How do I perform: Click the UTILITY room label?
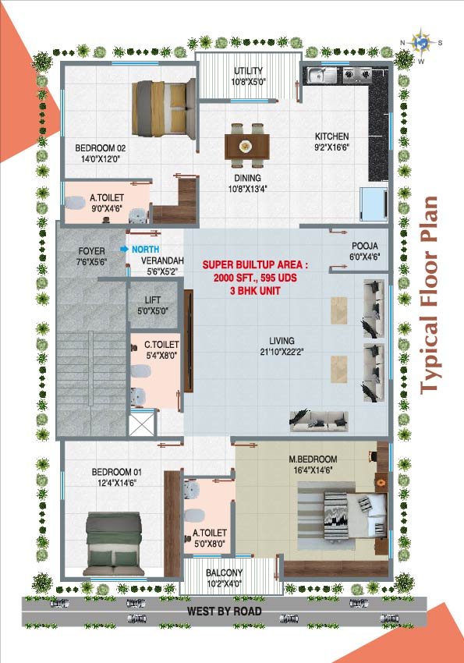point(249,71)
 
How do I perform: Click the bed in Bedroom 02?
point(163,108)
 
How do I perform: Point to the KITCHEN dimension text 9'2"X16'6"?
point(332,147)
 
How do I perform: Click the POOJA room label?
point(365,246)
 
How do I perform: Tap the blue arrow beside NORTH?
point(124,249)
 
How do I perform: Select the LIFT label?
point(153,300)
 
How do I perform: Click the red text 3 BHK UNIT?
point(255,291)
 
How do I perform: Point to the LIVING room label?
point(282,340)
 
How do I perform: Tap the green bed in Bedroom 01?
point(113,544)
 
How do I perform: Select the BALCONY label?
point(224,573)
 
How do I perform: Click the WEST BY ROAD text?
point(225,611)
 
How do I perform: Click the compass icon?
point(421,42)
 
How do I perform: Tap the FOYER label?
point(92,251)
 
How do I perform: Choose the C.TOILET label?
point(161,345)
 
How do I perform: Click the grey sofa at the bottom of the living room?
point(319,420)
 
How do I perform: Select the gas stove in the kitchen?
point(357,74)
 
